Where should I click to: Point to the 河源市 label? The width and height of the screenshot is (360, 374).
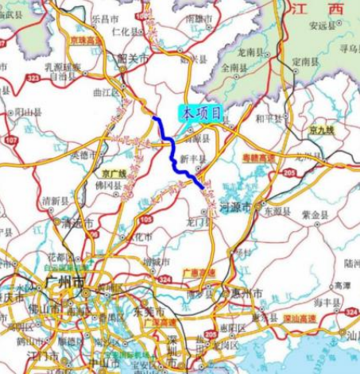coord(236,206)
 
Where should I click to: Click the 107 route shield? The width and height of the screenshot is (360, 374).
coord(11,140)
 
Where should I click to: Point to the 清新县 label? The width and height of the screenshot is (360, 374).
coord(56,200)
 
